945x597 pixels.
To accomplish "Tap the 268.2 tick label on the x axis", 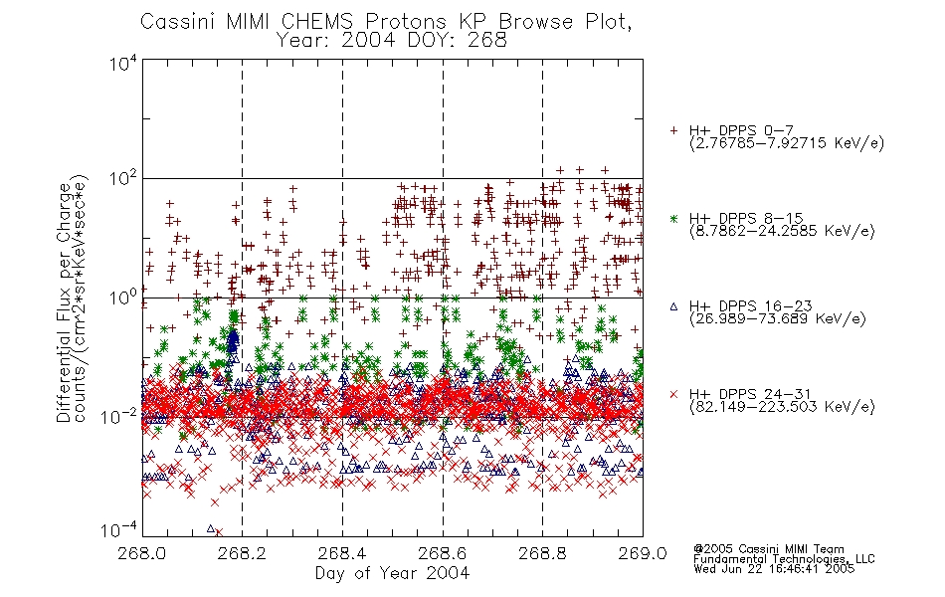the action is click(243, 553).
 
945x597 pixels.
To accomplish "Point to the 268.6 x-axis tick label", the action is click(443, 553).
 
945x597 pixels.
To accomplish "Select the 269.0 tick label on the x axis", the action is click(643, 553).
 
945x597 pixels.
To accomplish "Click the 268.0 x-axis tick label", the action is click(142, 553).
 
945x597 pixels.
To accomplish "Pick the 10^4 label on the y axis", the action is click(123, 64).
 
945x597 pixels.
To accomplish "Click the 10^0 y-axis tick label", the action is click(123, 298).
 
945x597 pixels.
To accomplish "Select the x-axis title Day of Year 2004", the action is click(392, 573).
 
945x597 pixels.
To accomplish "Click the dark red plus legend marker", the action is click(673, 130).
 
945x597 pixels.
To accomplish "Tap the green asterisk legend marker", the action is click(673, 218).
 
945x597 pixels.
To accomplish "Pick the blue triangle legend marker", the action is click(673, 306).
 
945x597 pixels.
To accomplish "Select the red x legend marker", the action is click(673, 394).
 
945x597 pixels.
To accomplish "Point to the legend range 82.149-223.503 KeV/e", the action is click(782, 406).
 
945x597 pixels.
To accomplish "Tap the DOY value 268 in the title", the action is click(487, 41).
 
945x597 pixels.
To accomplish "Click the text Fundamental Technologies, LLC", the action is click(784, 559).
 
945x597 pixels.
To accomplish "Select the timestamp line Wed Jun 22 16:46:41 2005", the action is click(774, 568).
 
